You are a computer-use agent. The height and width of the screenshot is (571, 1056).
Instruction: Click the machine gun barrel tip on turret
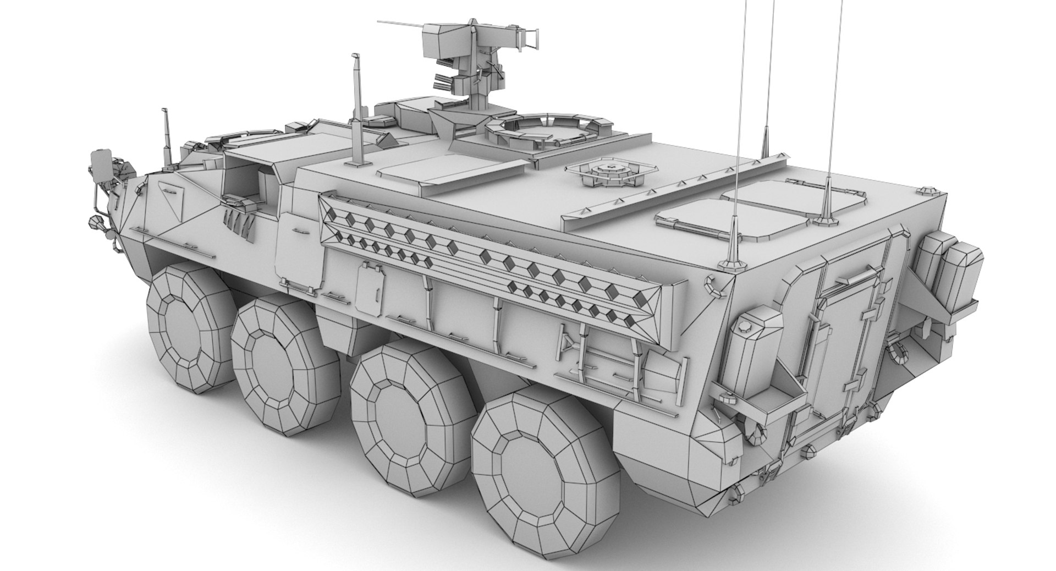[x=380, y=22]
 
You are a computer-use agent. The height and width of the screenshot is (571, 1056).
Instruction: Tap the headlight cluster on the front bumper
[x=101, y=168]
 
